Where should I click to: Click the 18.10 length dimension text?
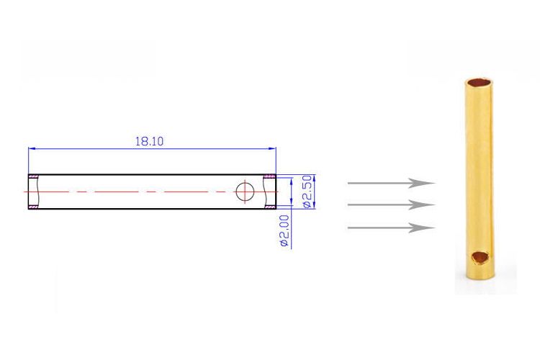(x=149, y=141)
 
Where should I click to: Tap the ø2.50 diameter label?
(x=308, y=192)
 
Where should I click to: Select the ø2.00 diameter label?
(x=285, y=230)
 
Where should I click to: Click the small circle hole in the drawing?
(x=245, y=192)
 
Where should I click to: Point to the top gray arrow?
(x=391, y=183)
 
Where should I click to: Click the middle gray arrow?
(x=391, y=205)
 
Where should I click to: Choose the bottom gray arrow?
(x=391, y=228)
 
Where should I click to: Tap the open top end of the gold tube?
(x=479, y=83)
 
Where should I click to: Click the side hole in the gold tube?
(x=480, y=257)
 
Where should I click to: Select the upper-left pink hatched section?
(x=33, y=176)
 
